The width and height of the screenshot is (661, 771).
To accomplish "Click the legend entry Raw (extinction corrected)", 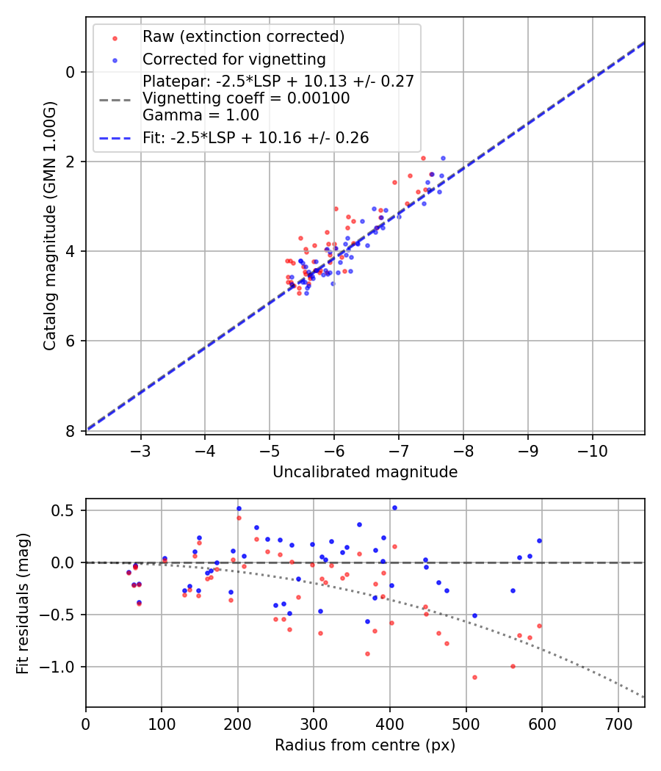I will coord(243,37).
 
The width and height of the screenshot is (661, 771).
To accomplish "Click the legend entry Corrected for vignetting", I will coord(234,59).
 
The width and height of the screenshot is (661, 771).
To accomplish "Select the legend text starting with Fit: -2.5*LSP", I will coord(256,137).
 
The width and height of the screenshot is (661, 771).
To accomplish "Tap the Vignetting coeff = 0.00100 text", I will coord(246,98).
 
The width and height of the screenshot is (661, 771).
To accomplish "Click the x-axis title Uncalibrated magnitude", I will coord(365,472).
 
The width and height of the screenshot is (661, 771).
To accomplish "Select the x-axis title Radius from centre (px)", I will coord(365,745).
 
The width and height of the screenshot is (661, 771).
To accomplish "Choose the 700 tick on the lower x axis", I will coord(618,723).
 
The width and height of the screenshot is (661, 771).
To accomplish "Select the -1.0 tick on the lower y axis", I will coord(65,667).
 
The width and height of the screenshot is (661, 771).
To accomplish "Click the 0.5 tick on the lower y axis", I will coord(68,510).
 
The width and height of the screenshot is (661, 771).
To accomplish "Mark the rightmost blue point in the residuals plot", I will coord(539,540).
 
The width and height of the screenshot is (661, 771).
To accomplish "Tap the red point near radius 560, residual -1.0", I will coord(513,666).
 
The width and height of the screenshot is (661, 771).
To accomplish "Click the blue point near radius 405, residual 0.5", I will coord(394,507).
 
